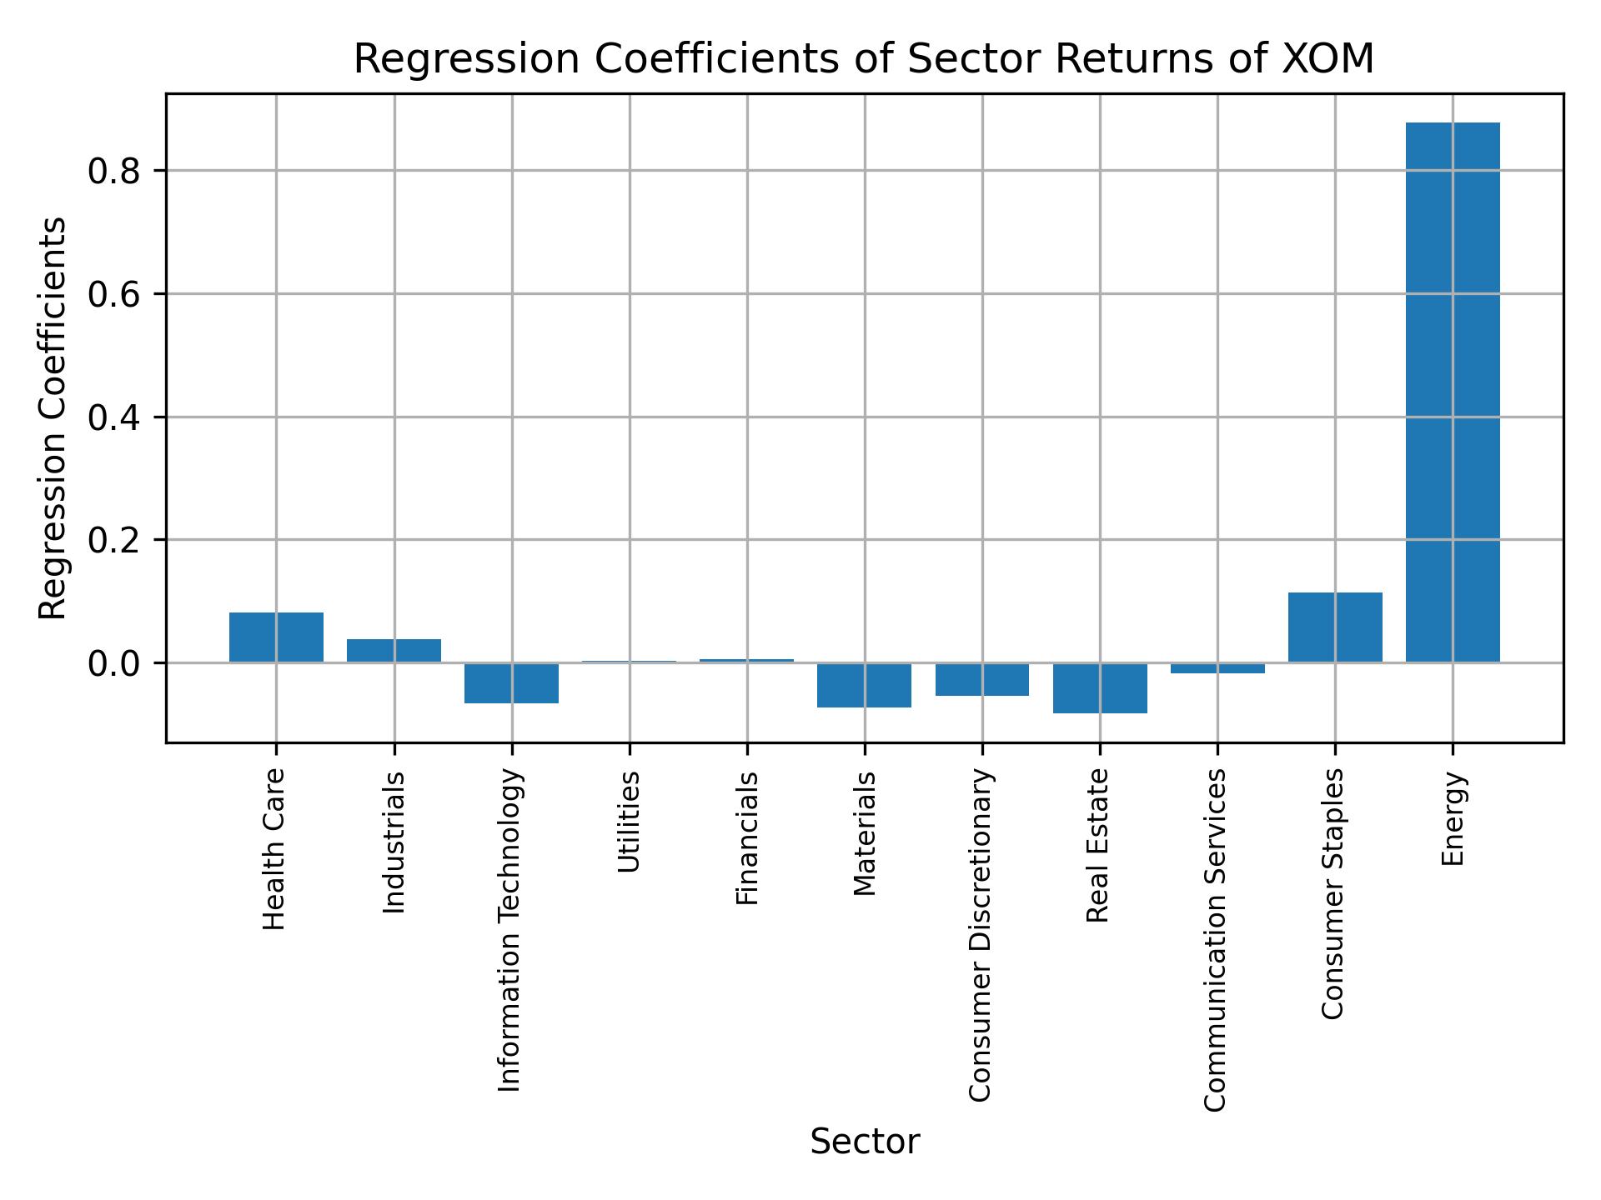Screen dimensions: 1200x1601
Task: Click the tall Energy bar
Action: tap(1453, 392)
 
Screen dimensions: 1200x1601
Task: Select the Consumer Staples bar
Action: tap(1335, 627)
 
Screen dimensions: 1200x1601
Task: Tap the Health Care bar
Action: tap(276, 637)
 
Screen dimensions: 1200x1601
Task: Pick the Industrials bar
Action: tap(394, 651)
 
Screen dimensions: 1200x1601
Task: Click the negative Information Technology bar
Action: tap(511, 683)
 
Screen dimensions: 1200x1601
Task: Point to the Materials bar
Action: tap(864, 685)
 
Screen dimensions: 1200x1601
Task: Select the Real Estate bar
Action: tap(1100, 688)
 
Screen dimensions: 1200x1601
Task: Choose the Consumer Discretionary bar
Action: tap(982, 679)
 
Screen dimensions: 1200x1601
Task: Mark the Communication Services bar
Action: tap(1217, 668)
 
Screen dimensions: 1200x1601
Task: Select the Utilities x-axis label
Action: tap(630, 822)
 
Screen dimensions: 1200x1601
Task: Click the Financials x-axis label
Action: tap(747, 837)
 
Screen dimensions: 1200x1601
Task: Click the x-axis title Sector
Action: tap(865, 1142)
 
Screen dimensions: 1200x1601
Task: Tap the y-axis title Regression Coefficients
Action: tap(53, 418)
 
